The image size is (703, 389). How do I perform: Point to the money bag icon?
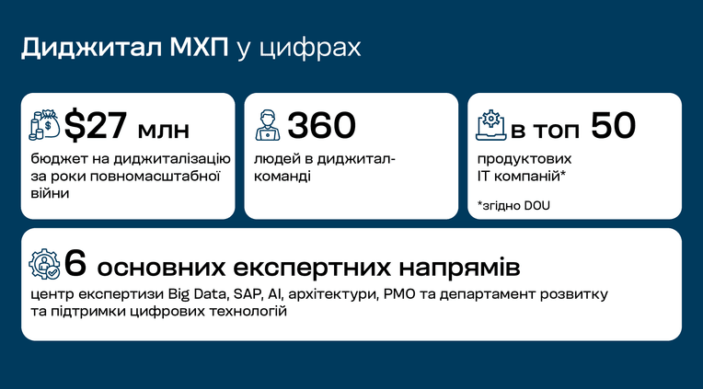(44, 125)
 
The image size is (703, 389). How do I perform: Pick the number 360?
(321, 125)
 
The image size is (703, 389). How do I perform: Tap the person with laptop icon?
(267, 125)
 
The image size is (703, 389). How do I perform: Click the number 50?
(613, 125)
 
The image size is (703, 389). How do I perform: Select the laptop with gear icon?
(490, 125)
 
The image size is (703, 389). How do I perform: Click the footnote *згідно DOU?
(513, 206)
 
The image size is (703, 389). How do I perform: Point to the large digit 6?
(75, 264)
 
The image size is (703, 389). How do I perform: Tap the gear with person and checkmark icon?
(44, 264)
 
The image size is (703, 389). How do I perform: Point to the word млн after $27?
(163, 132)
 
